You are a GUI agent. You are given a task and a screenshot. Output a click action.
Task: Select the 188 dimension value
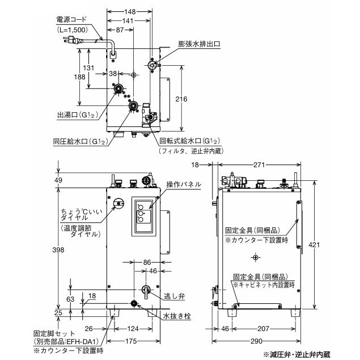(x=69, y=77)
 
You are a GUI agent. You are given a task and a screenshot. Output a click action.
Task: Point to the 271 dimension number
(x=260, y=164)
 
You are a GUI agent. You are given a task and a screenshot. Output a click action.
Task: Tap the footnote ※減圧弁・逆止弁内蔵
(x=295, y=354)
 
